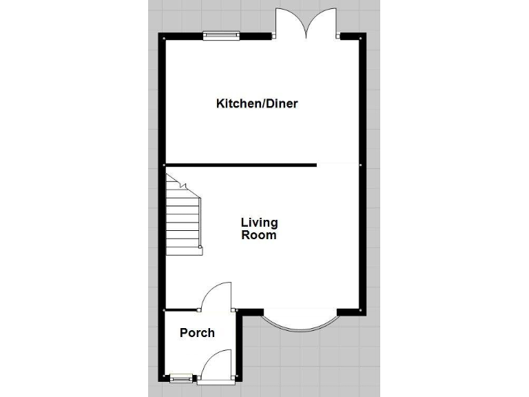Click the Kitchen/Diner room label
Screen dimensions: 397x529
point(257,104)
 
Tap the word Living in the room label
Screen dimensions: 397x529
point(259,223)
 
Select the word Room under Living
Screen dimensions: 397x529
point(259,235)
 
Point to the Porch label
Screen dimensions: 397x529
point(197,333)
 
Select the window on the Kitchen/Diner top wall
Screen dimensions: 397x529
point(221,36)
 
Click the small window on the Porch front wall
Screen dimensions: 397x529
point(180,377)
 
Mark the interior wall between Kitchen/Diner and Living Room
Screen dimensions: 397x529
point(240,165)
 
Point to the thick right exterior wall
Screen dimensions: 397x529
point(362,172)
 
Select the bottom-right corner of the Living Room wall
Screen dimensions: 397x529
point(362,311)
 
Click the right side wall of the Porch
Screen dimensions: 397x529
point(237,345)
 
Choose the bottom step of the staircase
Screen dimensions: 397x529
point(184,250)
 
